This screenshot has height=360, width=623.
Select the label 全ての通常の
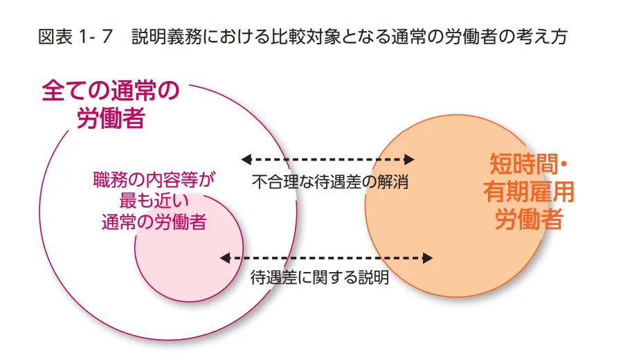[111, 91]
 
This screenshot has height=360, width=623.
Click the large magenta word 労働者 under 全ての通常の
[111, 118]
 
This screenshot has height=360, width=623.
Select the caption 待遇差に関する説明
[319, 278]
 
